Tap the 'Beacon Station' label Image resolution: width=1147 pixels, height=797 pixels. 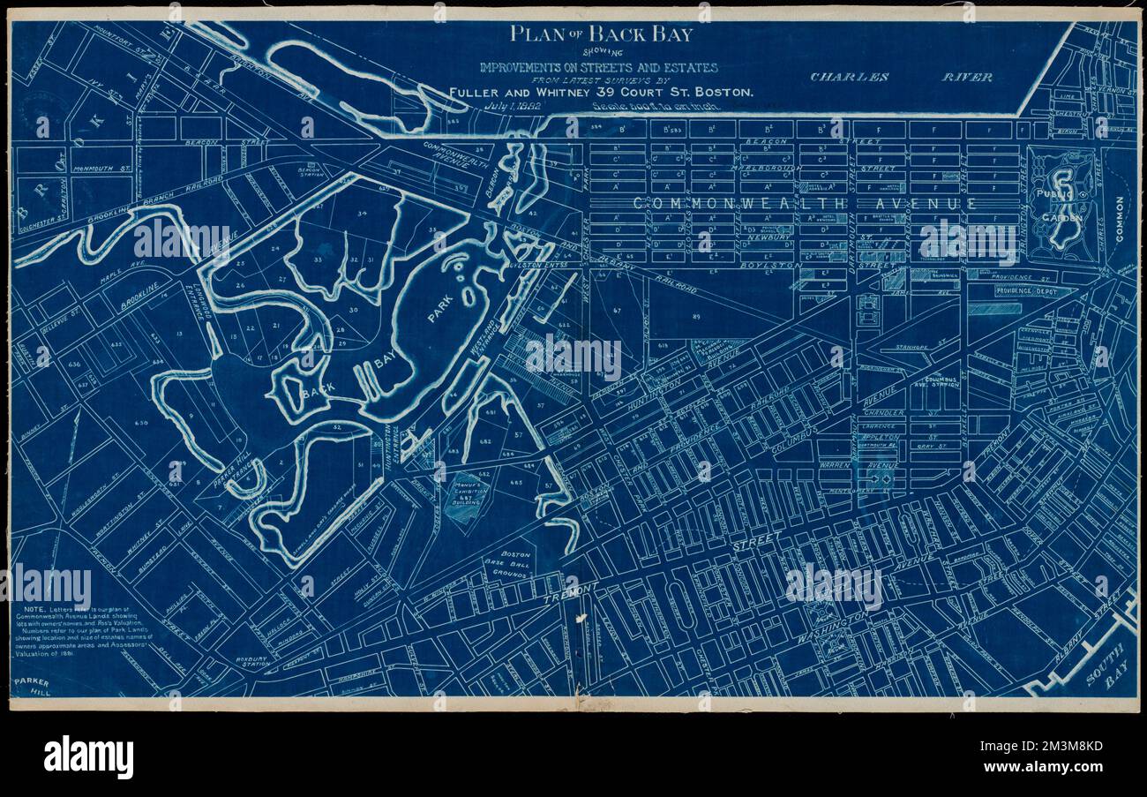click(308, 170)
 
